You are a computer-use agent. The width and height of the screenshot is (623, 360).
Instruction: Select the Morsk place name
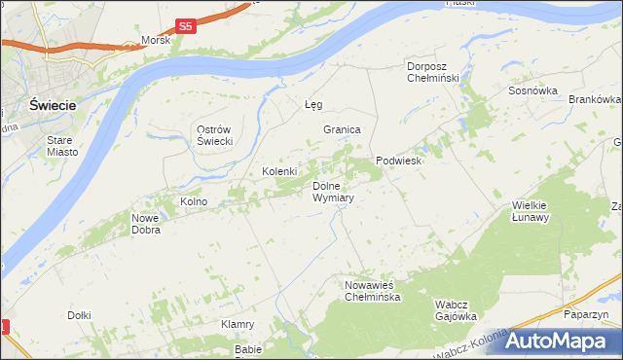pyautogui.click(x=156, y=41)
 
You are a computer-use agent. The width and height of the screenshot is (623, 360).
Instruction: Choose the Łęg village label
pyautogui.click(x=312, y=103)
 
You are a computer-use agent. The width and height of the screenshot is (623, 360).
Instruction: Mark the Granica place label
pyautogui.click(x=343, y=129)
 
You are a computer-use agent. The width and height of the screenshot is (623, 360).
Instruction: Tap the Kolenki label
pyautogui.click(x=278, y=172)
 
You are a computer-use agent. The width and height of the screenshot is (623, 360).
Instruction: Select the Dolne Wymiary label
pyautogui.click(x=332, y=191)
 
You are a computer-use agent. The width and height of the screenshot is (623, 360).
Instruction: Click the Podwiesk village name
pyautogui.click(x=398, y=162)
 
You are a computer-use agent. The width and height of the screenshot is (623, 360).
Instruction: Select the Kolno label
pyautogui.click(x=194, y=201)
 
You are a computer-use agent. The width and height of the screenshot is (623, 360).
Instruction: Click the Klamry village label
pyautogui.click(x=238, y=324)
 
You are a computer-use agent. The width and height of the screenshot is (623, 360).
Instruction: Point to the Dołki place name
pyautogui.click(x=79, y=315)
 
